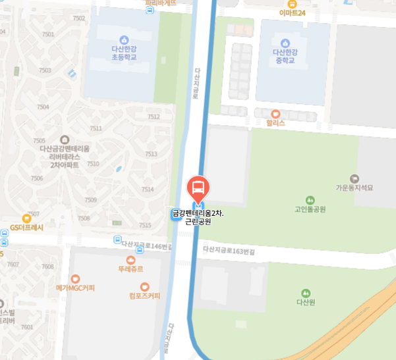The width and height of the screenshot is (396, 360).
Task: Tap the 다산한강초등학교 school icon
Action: click(x=125, y=41)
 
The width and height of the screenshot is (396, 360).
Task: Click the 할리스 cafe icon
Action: click(x=275, y=114)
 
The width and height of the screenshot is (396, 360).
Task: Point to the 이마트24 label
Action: click(x=292, y=13)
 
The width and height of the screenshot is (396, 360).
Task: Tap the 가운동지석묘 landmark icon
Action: click(x=354, y=178)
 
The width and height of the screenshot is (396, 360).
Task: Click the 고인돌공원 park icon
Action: click(x=310, y=200)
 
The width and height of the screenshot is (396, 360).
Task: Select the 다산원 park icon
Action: click(x=305, y=293)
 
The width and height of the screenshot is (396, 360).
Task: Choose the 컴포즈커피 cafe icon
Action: click(x=145, y=286)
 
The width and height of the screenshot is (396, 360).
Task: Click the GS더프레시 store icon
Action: click(x=26, y=218)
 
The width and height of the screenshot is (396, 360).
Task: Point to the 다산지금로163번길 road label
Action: click(x=228, y=251)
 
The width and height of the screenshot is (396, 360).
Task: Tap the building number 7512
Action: click(x=154, y=116)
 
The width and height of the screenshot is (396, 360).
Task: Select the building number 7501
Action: click(x=47, y=34)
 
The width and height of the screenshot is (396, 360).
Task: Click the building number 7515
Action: click(x=145, y=225)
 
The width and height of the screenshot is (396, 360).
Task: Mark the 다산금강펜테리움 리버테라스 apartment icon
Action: click(x=64, y=140)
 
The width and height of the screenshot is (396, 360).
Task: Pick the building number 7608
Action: click(x=47, y=267)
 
